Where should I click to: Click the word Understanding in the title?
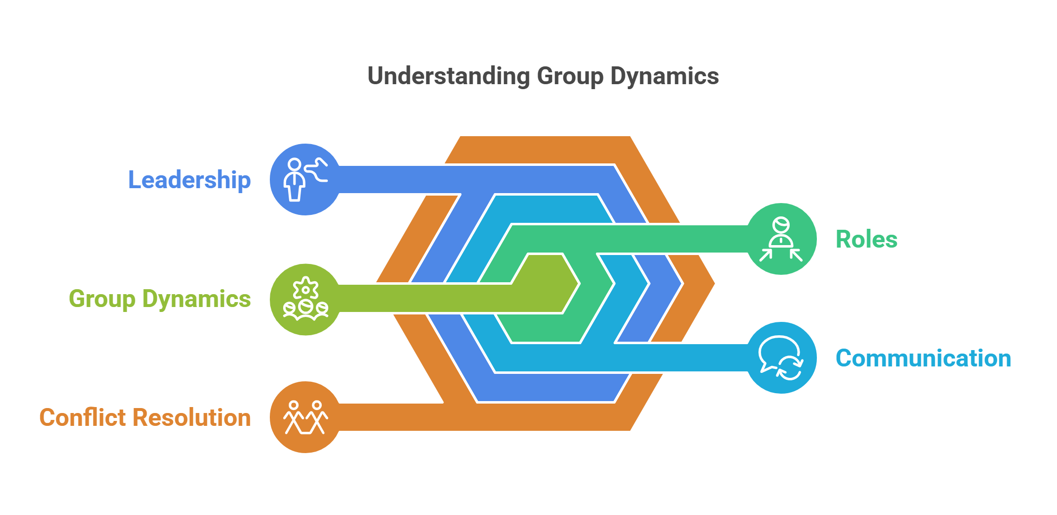449,76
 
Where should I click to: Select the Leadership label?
189,180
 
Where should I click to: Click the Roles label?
866,239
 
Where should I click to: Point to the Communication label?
923,358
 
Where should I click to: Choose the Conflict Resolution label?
145,417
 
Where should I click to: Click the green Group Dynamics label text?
159,299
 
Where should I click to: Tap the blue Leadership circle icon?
305,179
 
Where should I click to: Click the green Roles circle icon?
781,239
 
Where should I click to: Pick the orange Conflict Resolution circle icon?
305,417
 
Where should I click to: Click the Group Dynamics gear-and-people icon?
305,299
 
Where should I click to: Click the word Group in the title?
570,76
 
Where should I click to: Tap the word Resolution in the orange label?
199,417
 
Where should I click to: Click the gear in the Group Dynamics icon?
305,288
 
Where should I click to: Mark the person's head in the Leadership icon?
295,164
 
